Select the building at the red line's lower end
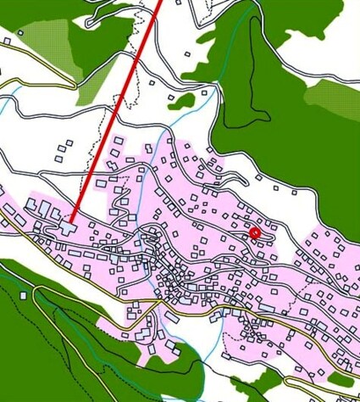point(68,226)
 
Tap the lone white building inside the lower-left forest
point(24,294)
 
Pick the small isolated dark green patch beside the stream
point(182,101)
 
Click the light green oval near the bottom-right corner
point(341,378)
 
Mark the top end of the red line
point(158,3)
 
